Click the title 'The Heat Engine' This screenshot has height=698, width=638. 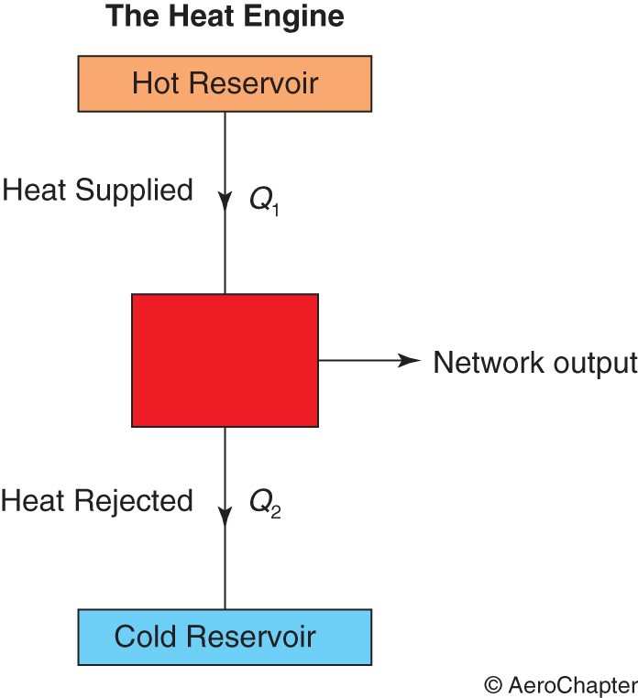click(225, 16)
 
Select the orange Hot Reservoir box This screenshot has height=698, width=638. click(225, 83)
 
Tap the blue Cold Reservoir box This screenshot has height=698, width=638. click(225, 637)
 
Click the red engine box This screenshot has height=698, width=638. click(225, 360)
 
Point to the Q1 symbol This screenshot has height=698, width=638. click(264, 202)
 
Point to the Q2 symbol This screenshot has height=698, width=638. click(265, 505)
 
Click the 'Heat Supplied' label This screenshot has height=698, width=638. click(97, 191)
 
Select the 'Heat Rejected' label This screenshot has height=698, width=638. click(96, 502)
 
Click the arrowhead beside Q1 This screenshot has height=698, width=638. click(225, 202)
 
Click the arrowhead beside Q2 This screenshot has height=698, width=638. click(225, 516)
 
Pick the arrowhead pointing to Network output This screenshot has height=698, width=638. click(409, 360)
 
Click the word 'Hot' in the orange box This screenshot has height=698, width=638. click(156, 83)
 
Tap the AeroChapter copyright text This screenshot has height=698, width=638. click(561, 685)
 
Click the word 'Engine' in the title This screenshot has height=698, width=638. click(294, 17)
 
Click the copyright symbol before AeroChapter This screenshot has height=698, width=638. click(493, 685)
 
